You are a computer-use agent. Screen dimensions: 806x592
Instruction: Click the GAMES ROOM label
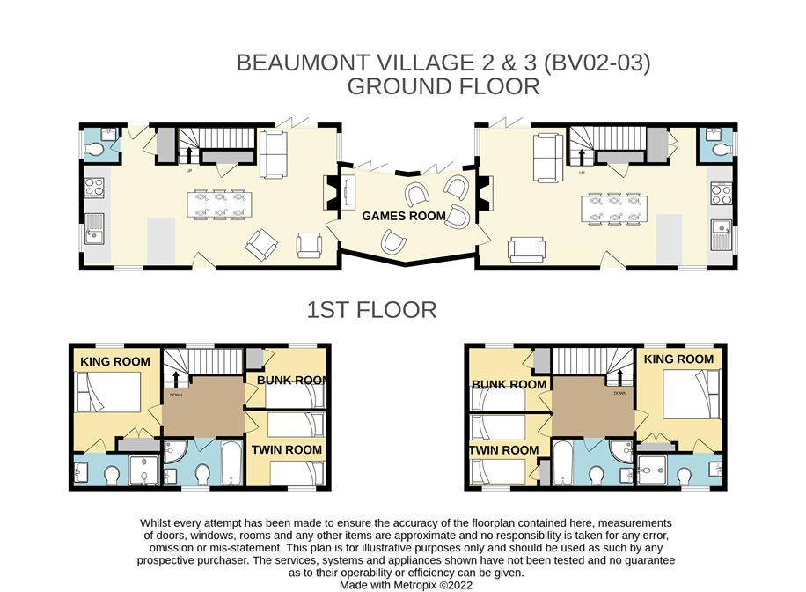pos(404,216)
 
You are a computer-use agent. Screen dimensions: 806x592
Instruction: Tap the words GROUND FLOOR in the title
pos(443,86)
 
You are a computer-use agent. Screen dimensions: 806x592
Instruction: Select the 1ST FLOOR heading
pos(371,310)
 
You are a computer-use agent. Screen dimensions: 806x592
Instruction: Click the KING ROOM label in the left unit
pos(115,362)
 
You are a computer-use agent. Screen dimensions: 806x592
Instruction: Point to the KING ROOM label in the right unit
pos(678,359)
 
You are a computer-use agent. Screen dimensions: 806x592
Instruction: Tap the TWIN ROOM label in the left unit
pos(286,450)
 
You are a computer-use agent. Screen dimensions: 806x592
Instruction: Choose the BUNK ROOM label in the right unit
pos(509,385)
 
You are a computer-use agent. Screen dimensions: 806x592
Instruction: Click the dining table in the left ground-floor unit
pos(219,204)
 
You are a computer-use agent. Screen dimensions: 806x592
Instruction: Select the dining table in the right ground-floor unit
pos(614,209)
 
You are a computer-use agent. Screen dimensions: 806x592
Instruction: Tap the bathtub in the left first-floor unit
pos(231,462)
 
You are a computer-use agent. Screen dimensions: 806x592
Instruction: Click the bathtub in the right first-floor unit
pos(563,462)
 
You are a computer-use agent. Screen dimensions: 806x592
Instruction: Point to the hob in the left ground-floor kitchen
pos(94,188)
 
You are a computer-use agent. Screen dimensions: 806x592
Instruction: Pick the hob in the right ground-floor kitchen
pos(722,194)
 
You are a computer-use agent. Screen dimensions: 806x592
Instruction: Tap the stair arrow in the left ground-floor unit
pos(189,155)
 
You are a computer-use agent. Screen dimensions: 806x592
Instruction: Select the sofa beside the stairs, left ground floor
pos(273,154)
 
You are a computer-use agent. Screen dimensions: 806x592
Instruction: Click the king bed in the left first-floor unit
pos(108,392)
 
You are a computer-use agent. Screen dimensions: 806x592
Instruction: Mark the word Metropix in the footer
pos(414,585)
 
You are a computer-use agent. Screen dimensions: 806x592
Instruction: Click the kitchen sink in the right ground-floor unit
pos(722,234)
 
